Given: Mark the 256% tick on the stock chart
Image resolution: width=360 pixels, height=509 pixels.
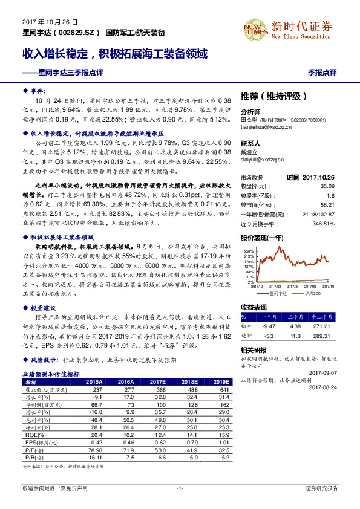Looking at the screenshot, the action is click(x=249, y=250).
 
